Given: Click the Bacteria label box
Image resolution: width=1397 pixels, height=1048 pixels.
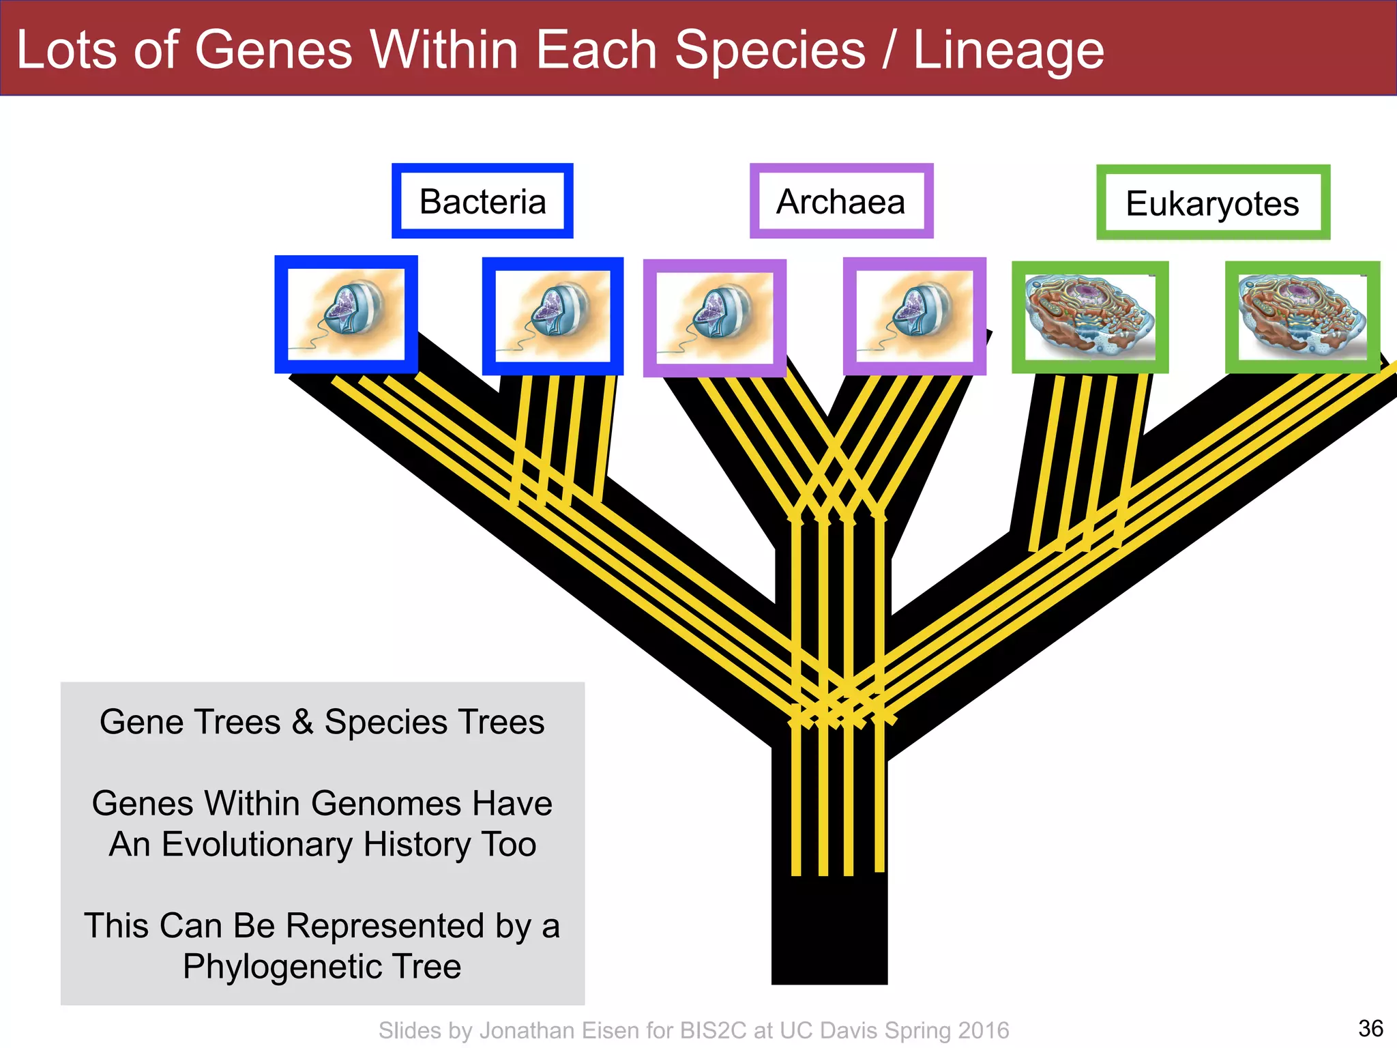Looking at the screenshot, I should point(482,201).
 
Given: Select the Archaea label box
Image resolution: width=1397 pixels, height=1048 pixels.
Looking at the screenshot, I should point(841,201).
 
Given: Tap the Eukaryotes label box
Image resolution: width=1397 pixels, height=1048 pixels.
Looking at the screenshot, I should point(1213,203).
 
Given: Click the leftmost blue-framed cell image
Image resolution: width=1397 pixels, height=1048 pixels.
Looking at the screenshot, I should point(346,315).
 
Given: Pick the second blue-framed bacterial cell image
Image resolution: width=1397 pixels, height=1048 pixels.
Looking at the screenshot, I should point(553,316).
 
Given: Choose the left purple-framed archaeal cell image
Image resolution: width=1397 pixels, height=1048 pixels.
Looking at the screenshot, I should point(714,318).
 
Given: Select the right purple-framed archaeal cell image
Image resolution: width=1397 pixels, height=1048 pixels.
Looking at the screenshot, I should point(914,317).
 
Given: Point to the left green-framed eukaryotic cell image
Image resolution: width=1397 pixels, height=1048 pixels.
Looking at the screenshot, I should point(1090,317).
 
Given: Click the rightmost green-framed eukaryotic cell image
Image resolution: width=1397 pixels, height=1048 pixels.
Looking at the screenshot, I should point(1302,317).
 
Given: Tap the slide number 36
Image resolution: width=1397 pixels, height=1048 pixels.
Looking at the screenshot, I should point(1370,1028).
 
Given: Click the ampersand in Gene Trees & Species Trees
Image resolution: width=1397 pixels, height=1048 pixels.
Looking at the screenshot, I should point(302,722).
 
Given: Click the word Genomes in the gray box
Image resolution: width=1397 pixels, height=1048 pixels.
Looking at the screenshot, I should point(366,803).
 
